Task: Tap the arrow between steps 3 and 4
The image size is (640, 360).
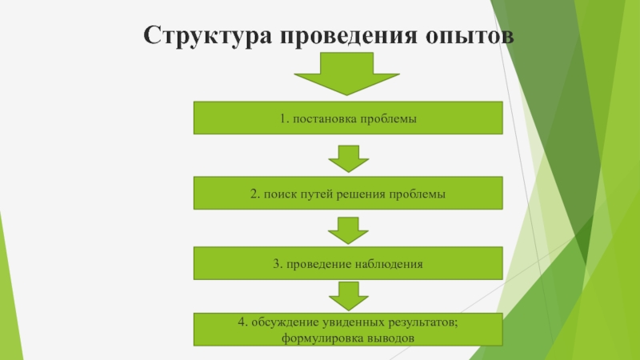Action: [x=347, y=295]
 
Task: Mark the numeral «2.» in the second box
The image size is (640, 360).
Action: [x=254, y=194]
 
